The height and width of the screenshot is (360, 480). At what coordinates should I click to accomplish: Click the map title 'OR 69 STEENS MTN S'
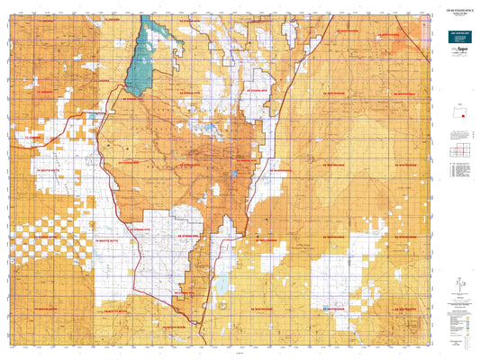coord(456,8)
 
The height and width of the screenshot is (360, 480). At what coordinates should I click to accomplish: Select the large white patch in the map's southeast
coord(347,270)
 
